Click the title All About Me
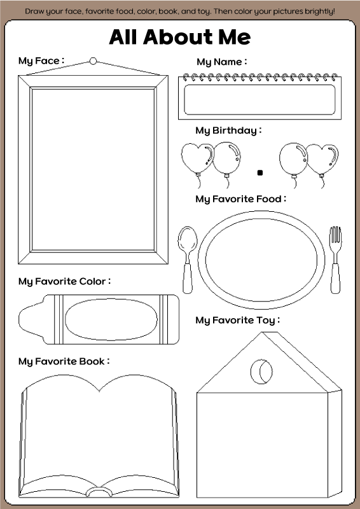180,37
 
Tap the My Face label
41,60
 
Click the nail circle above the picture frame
93,60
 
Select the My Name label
222,62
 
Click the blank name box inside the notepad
260,100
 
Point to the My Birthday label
228,130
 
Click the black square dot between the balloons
260,172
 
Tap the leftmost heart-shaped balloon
197,158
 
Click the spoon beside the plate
187,260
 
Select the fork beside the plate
335,260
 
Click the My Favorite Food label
241,199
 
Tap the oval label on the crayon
111,319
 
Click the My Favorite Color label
65,281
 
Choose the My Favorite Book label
64,361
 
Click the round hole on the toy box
261,372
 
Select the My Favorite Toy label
238,321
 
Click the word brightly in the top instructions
316,11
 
